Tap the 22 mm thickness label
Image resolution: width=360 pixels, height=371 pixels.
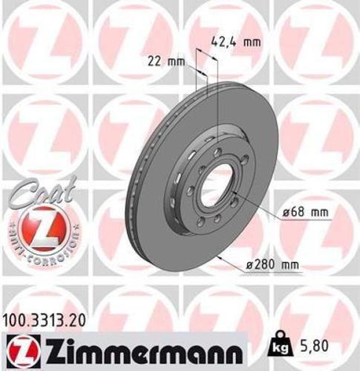coord(166,61)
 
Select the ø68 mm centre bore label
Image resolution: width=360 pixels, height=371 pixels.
coord(304,212)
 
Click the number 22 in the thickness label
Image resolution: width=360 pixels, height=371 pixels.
coord(155,61)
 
